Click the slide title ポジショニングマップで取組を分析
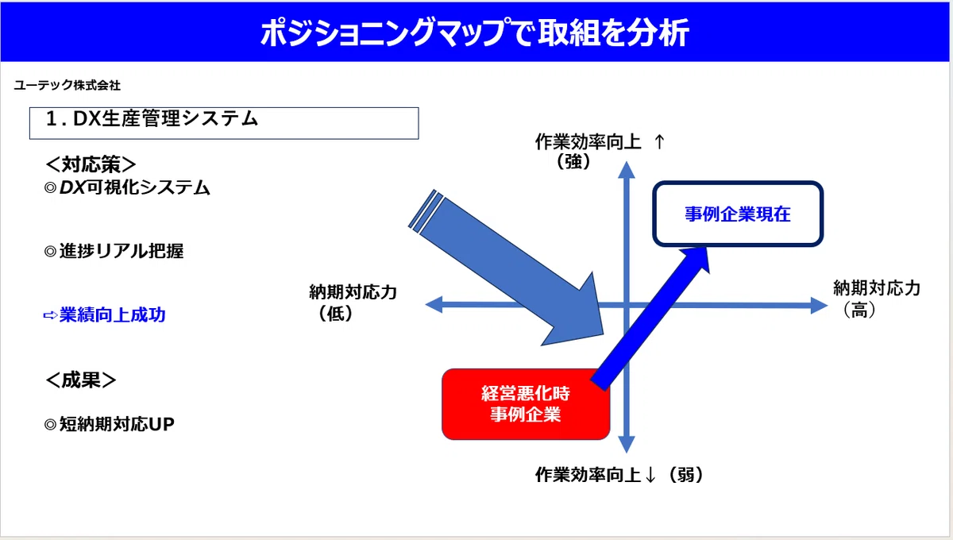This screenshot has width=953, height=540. click(x=474, y=33)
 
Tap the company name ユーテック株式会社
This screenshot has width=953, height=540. click(x=68, y=85)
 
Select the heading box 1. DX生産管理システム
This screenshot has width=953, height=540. click(x=224, y=123)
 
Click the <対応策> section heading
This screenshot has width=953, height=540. click(x=91, y=164)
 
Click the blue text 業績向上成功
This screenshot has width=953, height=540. click(x=112, y=315)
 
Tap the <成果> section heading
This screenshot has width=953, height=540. click(x=80, y=380)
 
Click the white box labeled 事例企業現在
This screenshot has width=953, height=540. click(x=738, y=214)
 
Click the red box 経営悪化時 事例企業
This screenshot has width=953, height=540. click(x=526, y=404)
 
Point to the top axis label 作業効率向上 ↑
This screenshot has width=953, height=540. click(x=600, y=142)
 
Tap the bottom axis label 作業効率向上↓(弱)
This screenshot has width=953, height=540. click(x=619, y=475)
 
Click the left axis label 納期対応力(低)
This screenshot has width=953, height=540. click(x=353, y=303)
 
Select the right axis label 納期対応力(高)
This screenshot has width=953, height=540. click(x=877, y=299)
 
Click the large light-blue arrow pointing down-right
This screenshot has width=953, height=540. click(x=507, y=268)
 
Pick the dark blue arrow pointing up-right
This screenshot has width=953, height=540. click(x=650, y=318)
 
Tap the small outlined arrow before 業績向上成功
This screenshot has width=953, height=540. click(x=50, y=315)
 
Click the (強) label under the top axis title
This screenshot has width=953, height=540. click(x=573, y=162)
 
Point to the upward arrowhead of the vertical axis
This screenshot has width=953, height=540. click(x=627, y=170)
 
